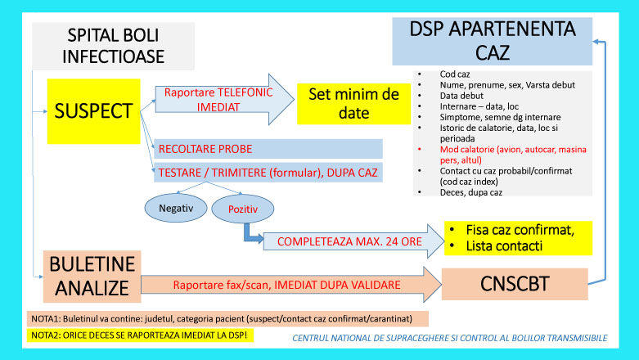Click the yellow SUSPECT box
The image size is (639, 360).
point(94,111)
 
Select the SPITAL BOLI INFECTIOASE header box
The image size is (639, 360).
point(113,46)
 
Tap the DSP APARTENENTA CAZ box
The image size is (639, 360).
point(493,41)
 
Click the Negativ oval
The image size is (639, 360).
point(176,209)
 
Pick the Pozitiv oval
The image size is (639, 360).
point(243,209)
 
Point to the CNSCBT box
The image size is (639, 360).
point(515,284)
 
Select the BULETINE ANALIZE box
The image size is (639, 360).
point(92,277)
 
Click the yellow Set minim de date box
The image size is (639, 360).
point(353,104)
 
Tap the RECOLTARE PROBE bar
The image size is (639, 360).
point(268,149)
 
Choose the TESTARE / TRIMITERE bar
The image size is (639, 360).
point(268,173)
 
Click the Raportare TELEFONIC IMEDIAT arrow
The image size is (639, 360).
point(224,100)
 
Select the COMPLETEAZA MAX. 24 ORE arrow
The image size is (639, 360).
point(353,241)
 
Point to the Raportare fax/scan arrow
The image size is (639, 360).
point(291,285)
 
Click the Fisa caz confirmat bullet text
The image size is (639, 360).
point(520,230)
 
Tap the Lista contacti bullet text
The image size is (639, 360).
point(504,246)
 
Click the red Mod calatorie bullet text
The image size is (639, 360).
point(513,155)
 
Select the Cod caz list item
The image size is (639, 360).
point(455,74)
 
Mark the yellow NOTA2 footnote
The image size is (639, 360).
point(140,335)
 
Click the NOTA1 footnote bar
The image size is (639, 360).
point(227,319)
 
